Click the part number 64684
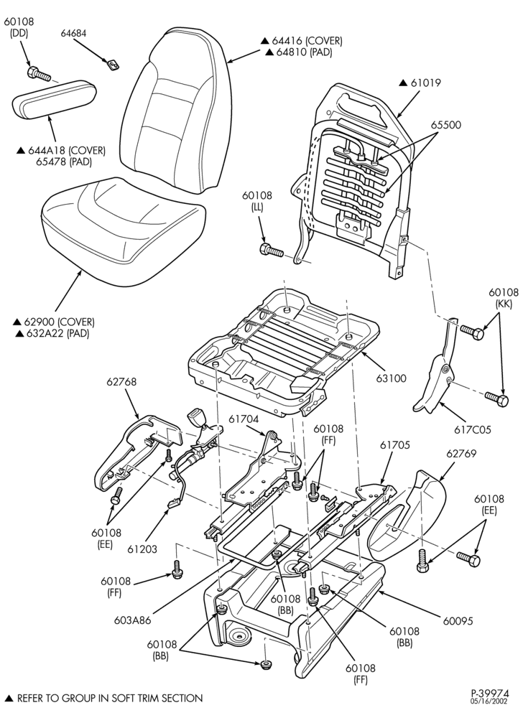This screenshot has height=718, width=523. [x=74, y=34]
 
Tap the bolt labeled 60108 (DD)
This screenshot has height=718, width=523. [x=39, y=74]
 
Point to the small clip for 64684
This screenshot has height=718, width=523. [x=114, y=64]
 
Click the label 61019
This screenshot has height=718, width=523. [x=425, y=83]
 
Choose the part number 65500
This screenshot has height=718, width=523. [x=446, y=124]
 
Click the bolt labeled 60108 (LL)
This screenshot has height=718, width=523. [x=272, y=251]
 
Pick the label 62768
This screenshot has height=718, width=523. [x=121, y=381]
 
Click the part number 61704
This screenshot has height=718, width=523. [x=244, y=419]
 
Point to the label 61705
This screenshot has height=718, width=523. [x=395, y=444]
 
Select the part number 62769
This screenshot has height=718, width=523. [x=461, y=453]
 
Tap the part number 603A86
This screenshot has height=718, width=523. [x=134, y=620]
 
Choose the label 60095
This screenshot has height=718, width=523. [x=458, y=621]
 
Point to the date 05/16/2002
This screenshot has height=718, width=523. [x=490, y=701]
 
